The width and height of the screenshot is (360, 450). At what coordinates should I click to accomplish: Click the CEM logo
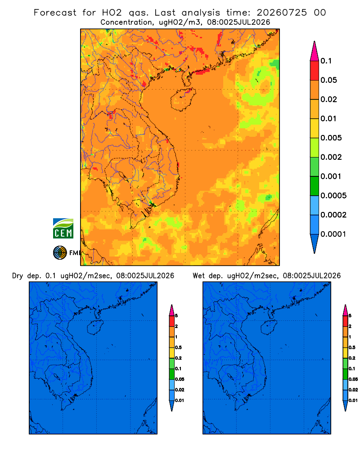point(63,228)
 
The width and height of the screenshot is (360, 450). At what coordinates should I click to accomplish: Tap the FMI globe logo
point(60,252)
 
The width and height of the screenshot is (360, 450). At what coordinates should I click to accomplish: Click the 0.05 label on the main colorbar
point(328,80)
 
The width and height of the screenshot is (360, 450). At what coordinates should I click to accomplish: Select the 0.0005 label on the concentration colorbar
point(333,195)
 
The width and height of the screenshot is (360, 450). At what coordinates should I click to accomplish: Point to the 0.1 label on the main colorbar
point(326,61)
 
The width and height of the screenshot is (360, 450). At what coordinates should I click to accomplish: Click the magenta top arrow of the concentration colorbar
point(315,51)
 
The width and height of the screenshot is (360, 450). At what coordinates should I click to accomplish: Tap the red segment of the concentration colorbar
point(315,71)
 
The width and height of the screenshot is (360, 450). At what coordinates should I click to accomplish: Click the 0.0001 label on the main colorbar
point(333,234)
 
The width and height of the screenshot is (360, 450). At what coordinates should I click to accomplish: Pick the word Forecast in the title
point(55,13)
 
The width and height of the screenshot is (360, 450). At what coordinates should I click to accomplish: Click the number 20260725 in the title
point(282,13)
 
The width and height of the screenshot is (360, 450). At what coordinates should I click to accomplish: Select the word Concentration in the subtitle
point(126,22)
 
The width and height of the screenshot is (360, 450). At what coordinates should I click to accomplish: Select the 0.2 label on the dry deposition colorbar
point(178,358)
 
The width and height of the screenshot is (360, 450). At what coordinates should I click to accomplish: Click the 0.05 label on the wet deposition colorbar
point(353,379)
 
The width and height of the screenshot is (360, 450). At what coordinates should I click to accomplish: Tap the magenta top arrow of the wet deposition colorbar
point(345,310)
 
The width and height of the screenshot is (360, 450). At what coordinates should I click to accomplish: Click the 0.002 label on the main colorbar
point(331,157)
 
